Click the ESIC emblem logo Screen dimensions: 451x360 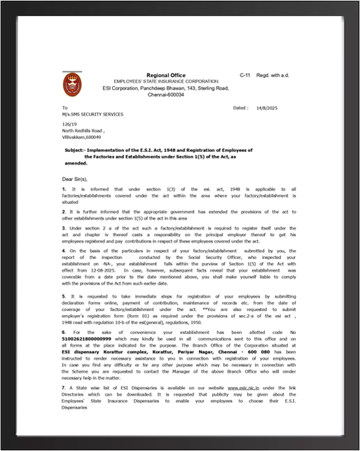click(x=72, y=85)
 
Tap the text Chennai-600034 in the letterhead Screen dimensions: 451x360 click(x=166, y=95)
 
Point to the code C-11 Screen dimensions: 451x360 click(x=244, y=74)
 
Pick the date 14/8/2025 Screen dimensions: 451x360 click(x=266, y=109)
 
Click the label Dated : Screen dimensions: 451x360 click(x=240, y=109)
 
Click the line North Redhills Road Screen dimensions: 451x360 click(x=83, y=131)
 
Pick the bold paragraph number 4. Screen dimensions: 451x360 click(x=64, y=250)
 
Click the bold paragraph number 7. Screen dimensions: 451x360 click(x=64, y=386)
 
